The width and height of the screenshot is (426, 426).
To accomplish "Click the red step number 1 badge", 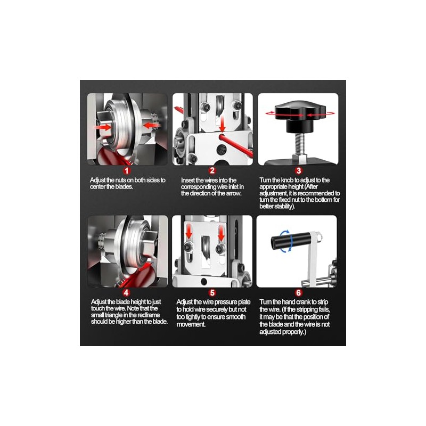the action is [x=127, y=170].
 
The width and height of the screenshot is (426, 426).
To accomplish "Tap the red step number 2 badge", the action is [x=212, y=170].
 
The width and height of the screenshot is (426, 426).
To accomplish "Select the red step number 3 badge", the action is [x=298, y=170].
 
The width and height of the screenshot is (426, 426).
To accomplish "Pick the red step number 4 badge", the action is [x=126, y=292].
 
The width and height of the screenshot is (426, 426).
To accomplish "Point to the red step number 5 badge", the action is [x=212, y=292].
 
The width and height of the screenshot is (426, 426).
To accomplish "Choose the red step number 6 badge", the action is [x=298, y=292].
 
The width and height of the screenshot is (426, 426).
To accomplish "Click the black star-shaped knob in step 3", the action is [x=300, y=113].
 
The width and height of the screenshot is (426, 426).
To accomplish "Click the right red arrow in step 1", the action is [x=151, y=125].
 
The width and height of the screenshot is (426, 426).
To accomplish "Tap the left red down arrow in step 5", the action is [x=189, y=232].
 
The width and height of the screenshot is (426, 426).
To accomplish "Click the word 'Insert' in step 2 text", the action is [x=188, y=181].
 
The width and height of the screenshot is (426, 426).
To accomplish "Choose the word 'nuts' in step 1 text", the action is [x=121, y=180].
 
